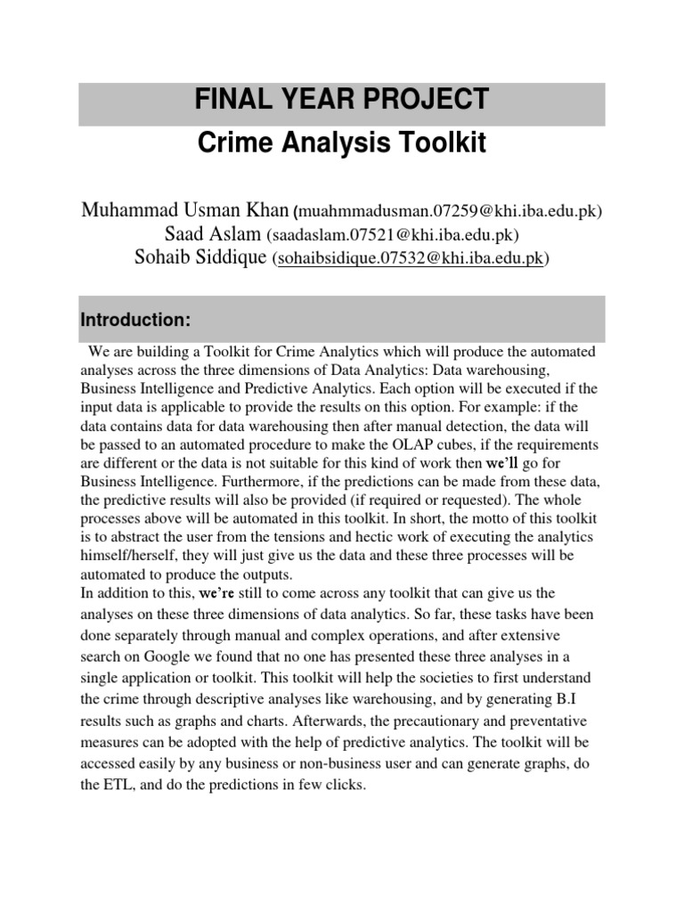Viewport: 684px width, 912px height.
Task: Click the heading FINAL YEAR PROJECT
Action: pyautogui.click(x=341, y=99)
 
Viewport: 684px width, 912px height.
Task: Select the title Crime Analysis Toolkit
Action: pyautogui.click(x=341, y=144)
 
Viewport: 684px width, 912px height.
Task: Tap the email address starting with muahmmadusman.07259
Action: pyautogui.click(x=450, y=212)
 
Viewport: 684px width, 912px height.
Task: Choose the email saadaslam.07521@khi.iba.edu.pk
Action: pyautogui.click(x=392, y=236)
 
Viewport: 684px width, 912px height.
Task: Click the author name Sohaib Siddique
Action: pyautogui.click(x=200, y=258)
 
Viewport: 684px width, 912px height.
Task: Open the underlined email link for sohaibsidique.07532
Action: pyautogui.click(x=410, y=260)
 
